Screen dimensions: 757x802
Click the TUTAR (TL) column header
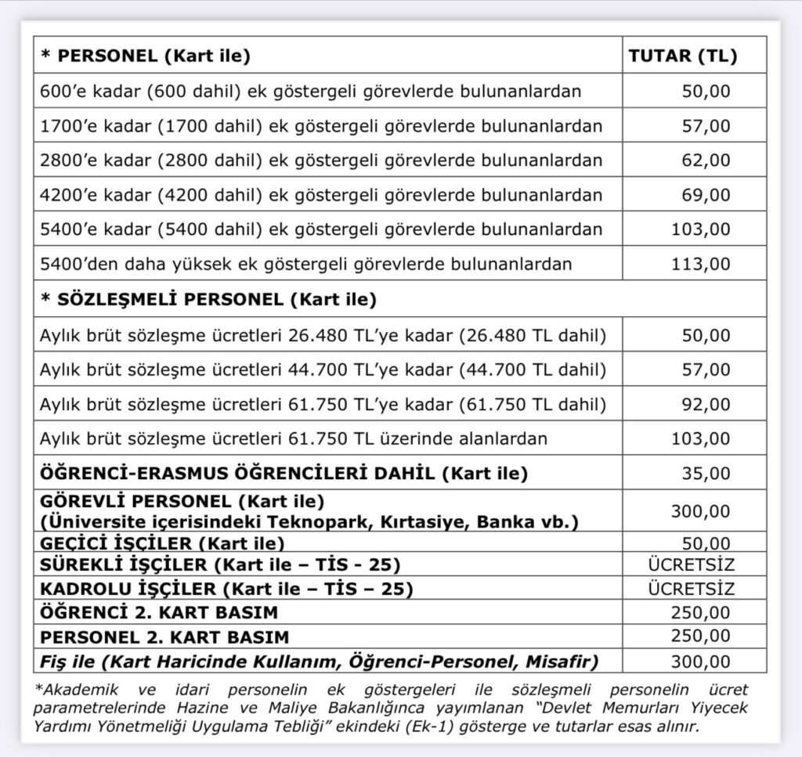click(683, 56)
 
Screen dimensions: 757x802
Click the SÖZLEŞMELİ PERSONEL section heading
click(208, 298)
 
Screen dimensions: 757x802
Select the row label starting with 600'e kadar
click(310, 92)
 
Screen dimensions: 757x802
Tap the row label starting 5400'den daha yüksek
click(305, 264)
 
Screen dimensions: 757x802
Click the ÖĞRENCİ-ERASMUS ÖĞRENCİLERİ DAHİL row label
click(284, 474)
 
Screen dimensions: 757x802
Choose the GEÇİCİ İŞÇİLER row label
click(162, 543)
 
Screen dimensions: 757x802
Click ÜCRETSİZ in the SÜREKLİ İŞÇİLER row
click(692, 564)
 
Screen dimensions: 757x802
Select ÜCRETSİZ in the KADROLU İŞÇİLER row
click(692, 587)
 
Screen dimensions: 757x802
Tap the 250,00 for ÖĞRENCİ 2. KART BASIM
click(700, 611)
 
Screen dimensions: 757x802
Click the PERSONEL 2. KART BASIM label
click(164, 636)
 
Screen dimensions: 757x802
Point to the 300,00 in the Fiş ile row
click(700, 661)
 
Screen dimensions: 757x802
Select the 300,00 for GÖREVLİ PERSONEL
click(700, 511)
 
